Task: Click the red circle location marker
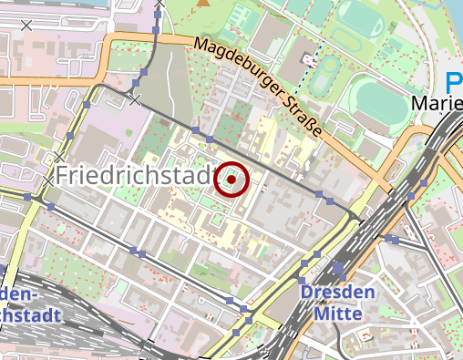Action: pos(231,180)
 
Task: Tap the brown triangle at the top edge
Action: pos(201,4)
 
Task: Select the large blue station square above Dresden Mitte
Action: pos(339,269)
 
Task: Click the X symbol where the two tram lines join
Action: pos(135,100)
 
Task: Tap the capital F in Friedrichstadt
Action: pos(63,176)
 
